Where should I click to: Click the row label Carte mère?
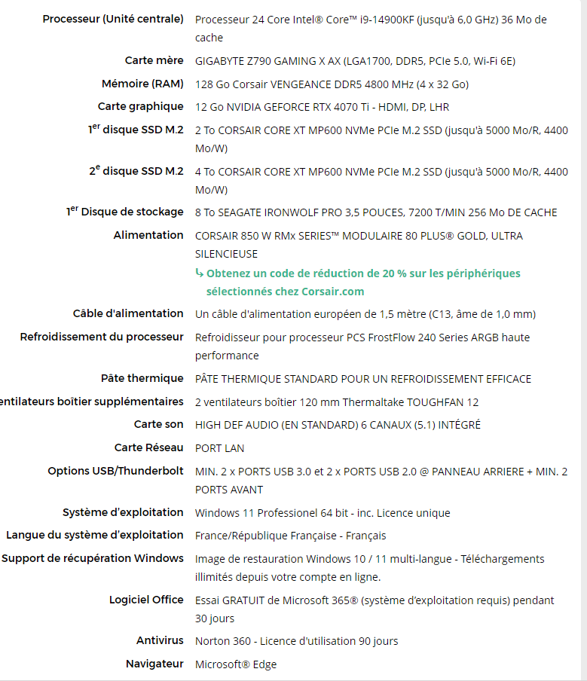coord(154,60)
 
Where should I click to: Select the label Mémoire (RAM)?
coord(142,84)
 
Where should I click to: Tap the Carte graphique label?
coord(140,106)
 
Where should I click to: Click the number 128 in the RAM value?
coord(204,84)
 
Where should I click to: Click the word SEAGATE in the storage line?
coord(240,212)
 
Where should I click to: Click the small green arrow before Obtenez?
coord(199,273)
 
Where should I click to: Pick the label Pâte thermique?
coord(142,378)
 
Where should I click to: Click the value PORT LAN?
coord(219,448)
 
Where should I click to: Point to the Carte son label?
coord(158,424)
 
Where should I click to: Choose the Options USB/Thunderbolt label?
coord(115,471)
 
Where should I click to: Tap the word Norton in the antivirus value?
coord(212,641)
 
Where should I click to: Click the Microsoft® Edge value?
coord(236,664)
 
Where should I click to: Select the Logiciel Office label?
coord(146,600)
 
